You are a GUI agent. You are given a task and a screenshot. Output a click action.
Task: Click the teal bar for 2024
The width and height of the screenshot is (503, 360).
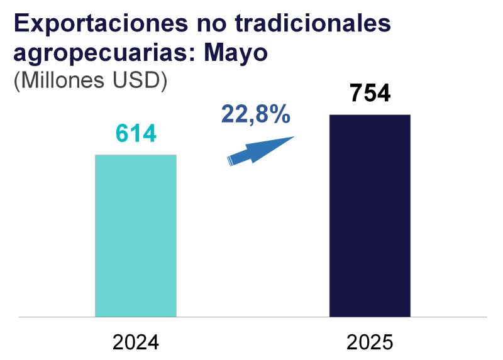(135, 236)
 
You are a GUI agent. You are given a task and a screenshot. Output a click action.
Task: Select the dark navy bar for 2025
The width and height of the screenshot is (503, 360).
(370, 216)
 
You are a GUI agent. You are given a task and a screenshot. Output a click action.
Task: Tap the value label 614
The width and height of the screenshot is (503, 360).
(135, 134)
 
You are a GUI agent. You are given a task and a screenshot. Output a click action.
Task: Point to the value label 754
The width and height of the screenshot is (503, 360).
(370, 94)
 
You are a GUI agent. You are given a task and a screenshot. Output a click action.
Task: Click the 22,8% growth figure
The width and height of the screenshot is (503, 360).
(255, 114)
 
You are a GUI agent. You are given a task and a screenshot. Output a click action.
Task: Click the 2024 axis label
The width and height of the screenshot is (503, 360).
(135, 342)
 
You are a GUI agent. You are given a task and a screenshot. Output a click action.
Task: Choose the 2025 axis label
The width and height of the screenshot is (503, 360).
(370, 342)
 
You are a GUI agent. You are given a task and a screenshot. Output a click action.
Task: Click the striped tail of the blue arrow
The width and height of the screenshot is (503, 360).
(230, 161)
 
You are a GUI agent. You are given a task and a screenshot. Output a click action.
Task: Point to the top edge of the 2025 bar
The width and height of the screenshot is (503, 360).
(370, 116)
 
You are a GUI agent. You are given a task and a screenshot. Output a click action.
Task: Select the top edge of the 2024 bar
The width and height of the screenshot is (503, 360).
(135, 155)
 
